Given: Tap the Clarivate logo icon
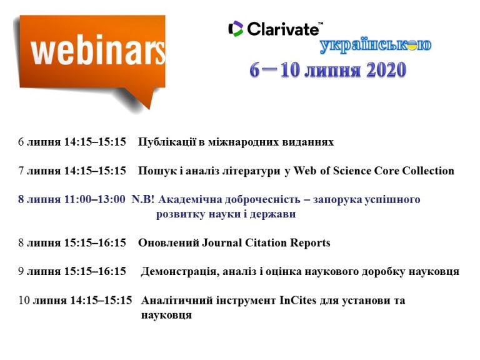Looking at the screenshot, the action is coord(236,29).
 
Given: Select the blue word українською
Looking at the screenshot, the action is coord(376,46).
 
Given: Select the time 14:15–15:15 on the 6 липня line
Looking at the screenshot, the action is coord(95,142).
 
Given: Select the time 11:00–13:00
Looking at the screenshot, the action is coord(94,199).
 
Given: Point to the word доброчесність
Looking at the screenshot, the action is coord(262,199).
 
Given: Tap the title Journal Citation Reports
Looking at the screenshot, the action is coord(266,242).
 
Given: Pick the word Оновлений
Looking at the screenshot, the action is coord(169,242).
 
